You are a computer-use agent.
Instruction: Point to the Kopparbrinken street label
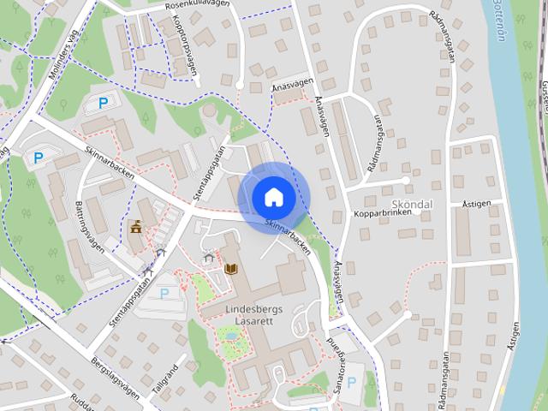[x=382, y=211]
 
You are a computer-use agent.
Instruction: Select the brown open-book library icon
[x=229, y=269]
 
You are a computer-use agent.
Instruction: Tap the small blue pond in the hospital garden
[x=229, y=335]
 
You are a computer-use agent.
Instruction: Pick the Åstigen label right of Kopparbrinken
[x=477, y=206]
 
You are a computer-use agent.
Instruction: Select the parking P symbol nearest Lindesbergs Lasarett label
[x=164, y=292]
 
